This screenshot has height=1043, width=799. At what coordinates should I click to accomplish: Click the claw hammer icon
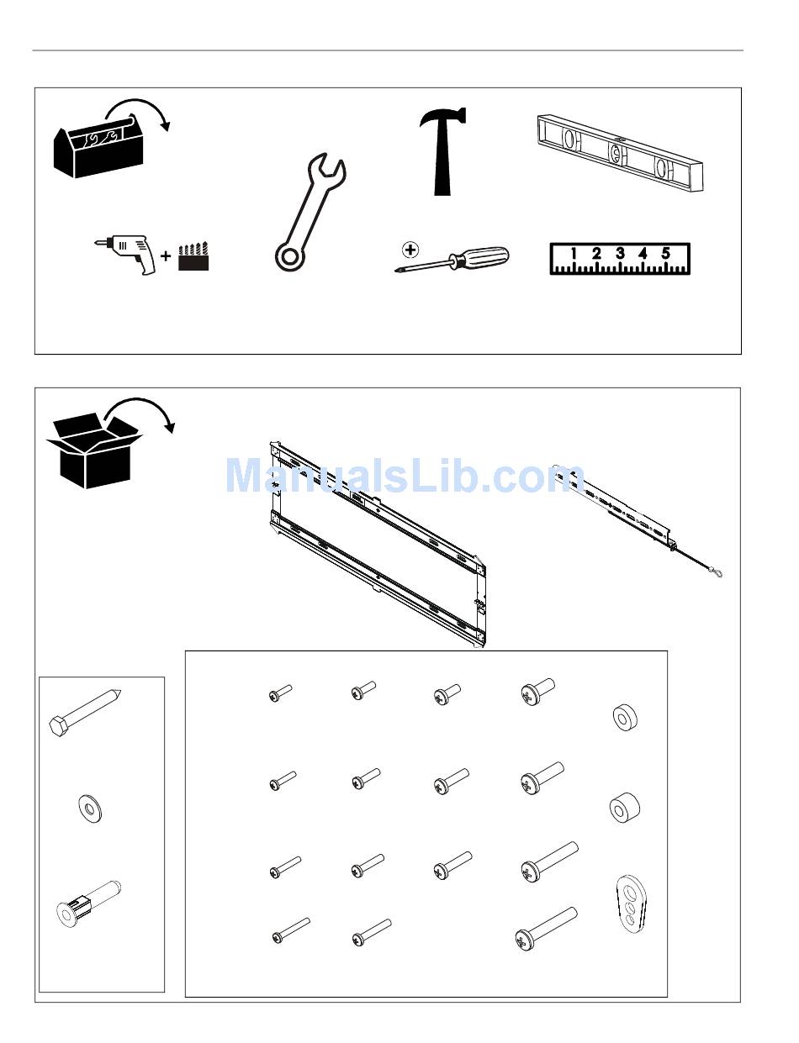442,151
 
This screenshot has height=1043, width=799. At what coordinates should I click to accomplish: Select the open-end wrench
310,211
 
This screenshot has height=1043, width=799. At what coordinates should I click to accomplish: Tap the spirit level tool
619,153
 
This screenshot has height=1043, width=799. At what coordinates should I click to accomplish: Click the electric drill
126,254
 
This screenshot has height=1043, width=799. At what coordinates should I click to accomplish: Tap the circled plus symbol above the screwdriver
410,250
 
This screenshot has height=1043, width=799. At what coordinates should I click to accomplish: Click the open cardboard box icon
94,450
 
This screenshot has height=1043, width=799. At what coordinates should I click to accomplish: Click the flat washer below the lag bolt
89,809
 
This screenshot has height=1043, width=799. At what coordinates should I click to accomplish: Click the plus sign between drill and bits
166,255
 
